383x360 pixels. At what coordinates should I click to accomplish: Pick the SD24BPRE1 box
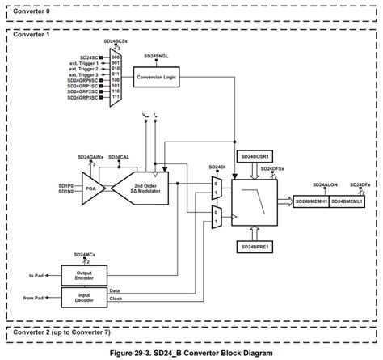[256, 246]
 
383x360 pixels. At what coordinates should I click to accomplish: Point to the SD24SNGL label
[157, 57]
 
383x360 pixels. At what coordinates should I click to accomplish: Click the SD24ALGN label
[325, 184]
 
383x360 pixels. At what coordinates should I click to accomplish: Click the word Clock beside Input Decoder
[116, 299]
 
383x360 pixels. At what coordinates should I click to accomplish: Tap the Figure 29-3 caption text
[192, 354]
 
